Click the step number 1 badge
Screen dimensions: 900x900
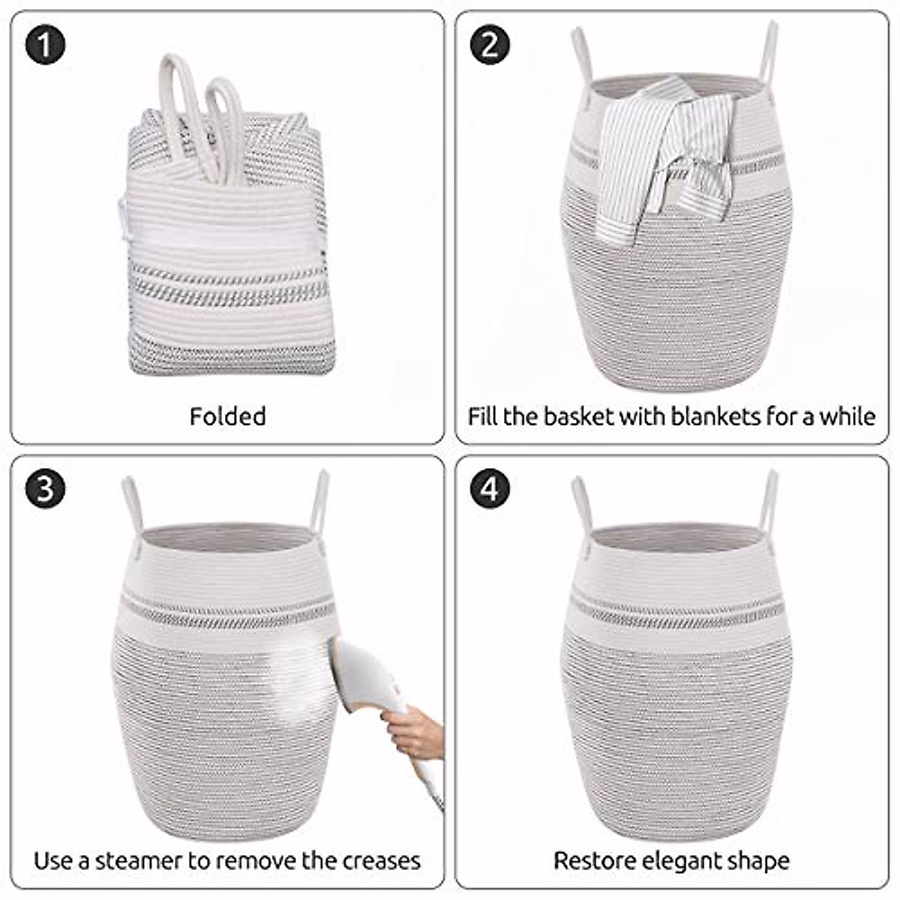click(45, 45)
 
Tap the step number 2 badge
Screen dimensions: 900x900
click(490, 45)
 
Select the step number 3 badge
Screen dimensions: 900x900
click(45, 489)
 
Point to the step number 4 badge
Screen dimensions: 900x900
click(490, 489)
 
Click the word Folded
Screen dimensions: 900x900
click(228, 416)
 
